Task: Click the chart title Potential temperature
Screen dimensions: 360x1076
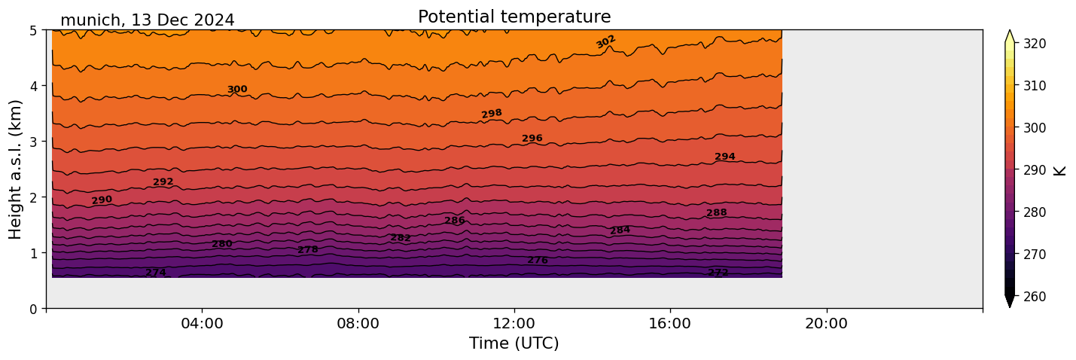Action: pos(514,17)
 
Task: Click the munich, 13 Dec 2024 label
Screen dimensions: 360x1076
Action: pos(147,20)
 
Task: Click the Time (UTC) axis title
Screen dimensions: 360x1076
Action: pos(514,344)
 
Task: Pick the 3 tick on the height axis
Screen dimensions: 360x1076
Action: pos(35,142)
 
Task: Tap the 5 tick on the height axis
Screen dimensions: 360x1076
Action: pos(35,30)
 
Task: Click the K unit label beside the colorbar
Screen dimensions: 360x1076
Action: pos(1060,170)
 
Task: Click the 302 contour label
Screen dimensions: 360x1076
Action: pos(606,41)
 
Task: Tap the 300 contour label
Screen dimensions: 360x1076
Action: pos(237,90)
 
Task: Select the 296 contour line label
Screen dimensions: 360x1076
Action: pos(532,139)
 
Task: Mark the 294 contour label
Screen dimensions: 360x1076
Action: pos(725,157)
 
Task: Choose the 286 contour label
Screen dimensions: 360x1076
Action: pos(455,221)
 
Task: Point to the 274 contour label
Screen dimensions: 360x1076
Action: pos(156,273)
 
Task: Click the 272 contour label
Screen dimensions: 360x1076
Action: pos(718,273)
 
